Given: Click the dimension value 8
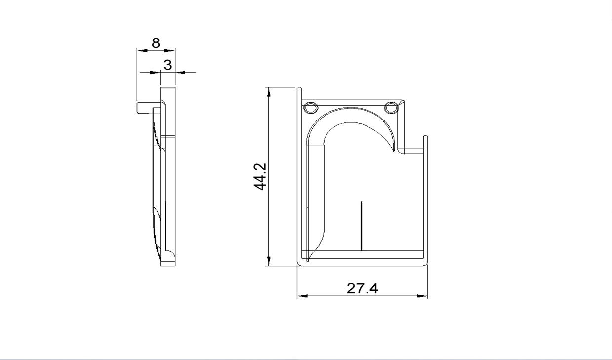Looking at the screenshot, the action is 156,43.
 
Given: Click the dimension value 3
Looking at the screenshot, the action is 168,65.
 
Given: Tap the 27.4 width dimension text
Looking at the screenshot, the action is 362,288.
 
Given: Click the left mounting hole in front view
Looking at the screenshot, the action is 311,108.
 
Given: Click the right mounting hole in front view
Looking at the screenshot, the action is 391,108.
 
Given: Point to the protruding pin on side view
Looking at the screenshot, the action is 145,108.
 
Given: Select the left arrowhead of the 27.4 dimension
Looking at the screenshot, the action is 302,296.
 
